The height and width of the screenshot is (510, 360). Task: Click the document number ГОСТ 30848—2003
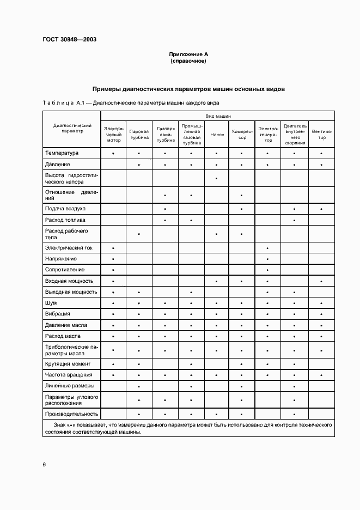click(x=66, y=39)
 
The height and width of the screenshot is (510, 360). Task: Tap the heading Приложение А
click(x=188, y=55)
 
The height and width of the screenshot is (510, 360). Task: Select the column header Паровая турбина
click(x=139, y=135)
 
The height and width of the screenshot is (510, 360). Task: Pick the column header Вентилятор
click(x=322, y=135)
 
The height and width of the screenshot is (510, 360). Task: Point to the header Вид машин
click(x=218, y=117)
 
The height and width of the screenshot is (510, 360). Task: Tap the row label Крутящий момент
click(x=68, y=364)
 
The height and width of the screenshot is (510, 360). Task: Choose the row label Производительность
click(x=71, y=414)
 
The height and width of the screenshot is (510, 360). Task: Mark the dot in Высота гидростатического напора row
click(x=217, y=179)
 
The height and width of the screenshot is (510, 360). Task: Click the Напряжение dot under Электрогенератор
click(x=267, y=259)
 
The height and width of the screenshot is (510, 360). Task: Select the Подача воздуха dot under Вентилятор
click(x=322, y=209)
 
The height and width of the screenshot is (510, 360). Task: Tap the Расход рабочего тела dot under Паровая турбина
click(x=139, y=234)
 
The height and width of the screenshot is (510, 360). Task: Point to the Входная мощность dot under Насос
click(x=217, y=281)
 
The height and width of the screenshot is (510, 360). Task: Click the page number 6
click(x=44, y=464)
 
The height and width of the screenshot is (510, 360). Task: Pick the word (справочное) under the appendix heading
click(x=188, y=62)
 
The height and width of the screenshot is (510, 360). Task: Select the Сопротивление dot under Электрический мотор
click(x=113, y=270)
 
